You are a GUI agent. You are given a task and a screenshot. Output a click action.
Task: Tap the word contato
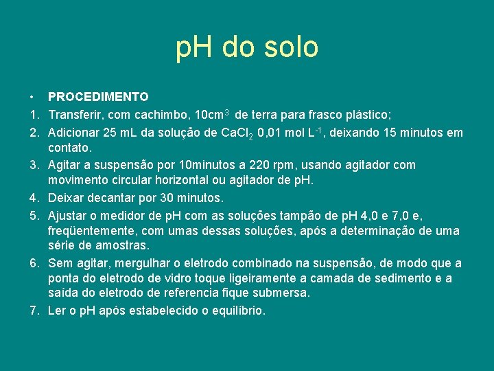(69, 148)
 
